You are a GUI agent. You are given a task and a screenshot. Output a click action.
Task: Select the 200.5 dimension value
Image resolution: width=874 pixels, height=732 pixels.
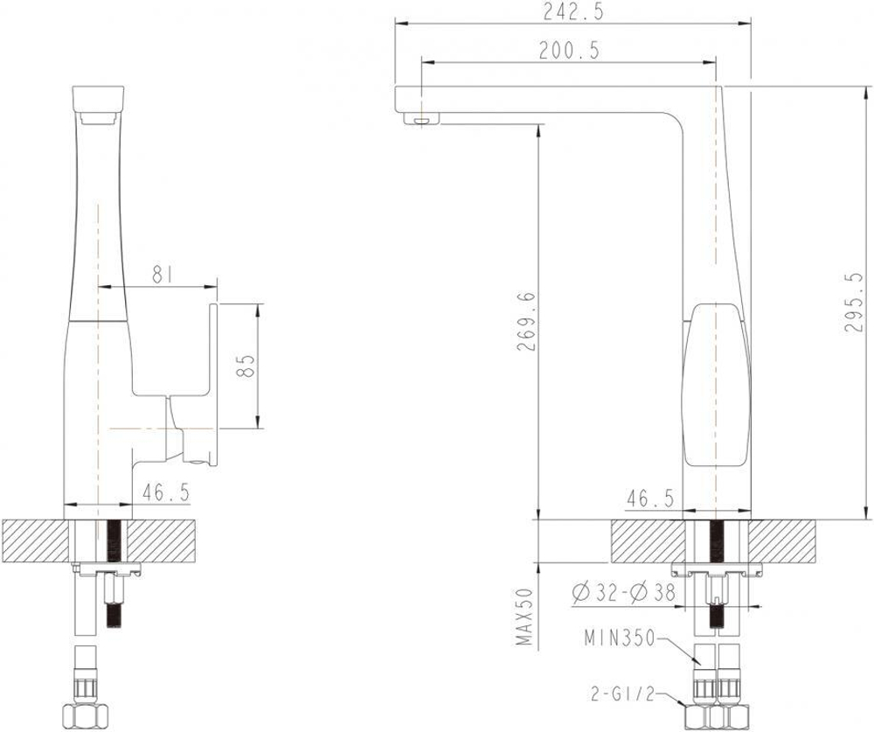[568, 52]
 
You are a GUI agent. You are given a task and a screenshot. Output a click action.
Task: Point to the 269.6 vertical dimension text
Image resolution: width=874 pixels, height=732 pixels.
[524, 321]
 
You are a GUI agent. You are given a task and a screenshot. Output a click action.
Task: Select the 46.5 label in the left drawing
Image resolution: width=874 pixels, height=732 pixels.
[166, 492]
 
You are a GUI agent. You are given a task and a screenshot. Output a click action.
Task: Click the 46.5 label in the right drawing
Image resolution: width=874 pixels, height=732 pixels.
[650, 498]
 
